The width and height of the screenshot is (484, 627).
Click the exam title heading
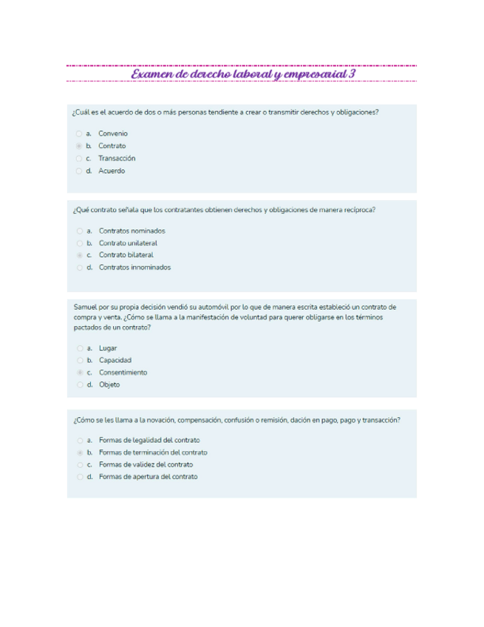242,75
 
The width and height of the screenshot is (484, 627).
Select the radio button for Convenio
78,134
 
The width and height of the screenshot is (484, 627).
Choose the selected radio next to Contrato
78,146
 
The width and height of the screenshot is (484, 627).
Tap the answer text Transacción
117,158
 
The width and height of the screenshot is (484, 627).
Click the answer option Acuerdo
112,171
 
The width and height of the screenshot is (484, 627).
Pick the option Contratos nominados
132,231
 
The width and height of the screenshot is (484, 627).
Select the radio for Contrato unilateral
79,243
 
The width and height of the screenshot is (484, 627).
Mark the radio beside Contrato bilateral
79,255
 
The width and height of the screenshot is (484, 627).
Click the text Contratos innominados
134,267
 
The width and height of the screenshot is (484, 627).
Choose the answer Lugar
108,348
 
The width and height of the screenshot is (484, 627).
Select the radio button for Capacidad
79,360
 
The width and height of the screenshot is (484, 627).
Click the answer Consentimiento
123,372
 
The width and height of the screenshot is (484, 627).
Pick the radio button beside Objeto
79,384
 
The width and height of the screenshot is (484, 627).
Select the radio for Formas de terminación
79,453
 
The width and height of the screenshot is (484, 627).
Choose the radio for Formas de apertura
79,477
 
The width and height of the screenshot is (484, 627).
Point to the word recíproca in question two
358,210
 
